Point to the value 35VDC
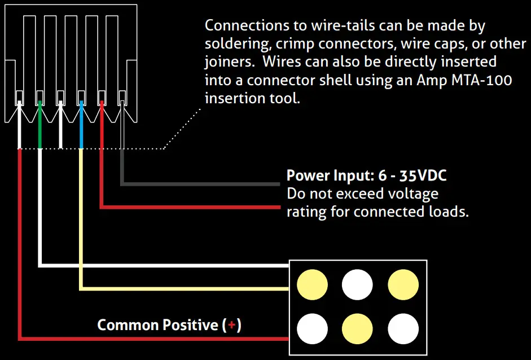pyautogui.click(x=423, y=175)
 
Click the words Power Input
pyautogui.click(x=323, y=175)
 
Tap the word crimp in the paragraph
pyautogui.click(x=292, y=43)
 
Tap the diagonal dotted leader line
pyautogui.click(x=182, y=129)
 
